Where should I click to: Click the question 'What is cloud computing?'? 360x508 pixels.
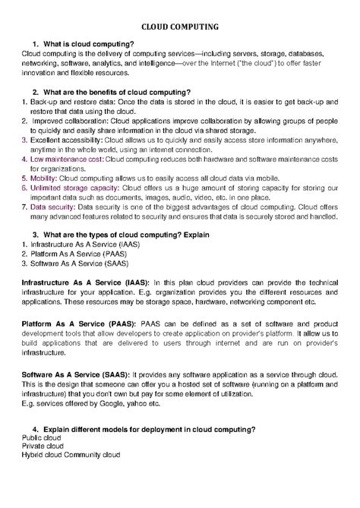pos(92,46)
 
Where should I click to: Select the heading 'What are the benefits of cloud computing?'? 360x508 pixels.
pos(122,92)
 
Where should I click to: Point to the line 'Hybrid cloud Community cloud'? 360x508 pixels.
pos(71,457)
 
